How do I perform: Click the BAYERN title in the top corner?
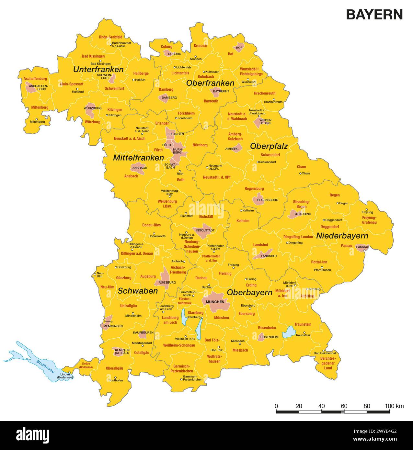pos(374,15)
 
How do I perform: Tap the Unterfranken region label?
pos(98,70)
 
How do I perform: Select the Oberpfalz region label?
pos(269,146)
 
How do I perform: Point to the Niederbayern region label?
pos(342,236)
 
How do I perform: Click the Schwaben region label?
pos(138,291)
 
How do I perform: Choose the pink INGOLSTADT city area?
pos(203,230)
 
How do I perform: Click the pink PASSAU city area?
pos(362,247)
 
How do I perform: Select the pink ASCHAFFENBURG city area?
pos(32,87)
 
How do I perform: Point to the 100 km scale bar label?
pos(394,406)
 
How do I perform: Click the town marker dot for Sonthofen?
pos(115,377)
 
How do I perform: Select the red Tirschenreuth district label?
pos(264,93)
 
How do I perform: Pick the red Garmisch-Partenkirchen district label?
pos(181,368)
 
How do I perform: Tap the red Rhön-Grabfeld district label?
pos(110,37)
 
